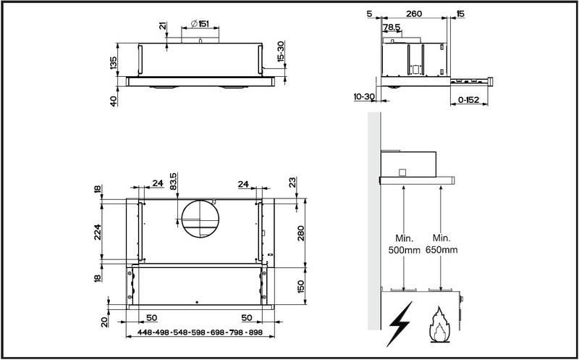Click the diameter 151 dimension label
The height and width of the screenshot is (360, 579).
pyautogui.click(x=200, y=24)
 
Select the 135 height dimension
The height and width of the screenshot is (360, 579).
pyautogui.click(x=113, y=64)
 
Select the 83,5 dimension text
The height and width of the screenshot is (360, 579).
pyautogui.click(x=172, y=180)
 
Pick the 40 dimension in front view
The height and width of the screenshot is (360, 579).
pyautogui.click(x=113, y=101)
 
